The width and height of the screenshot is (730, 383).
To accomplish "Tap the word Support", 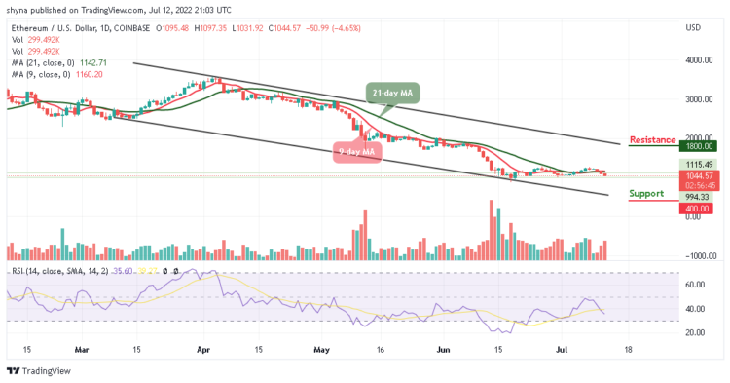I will [651, 194].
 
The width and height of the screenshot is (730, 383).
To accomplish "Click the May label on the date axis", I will [320, 348].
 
